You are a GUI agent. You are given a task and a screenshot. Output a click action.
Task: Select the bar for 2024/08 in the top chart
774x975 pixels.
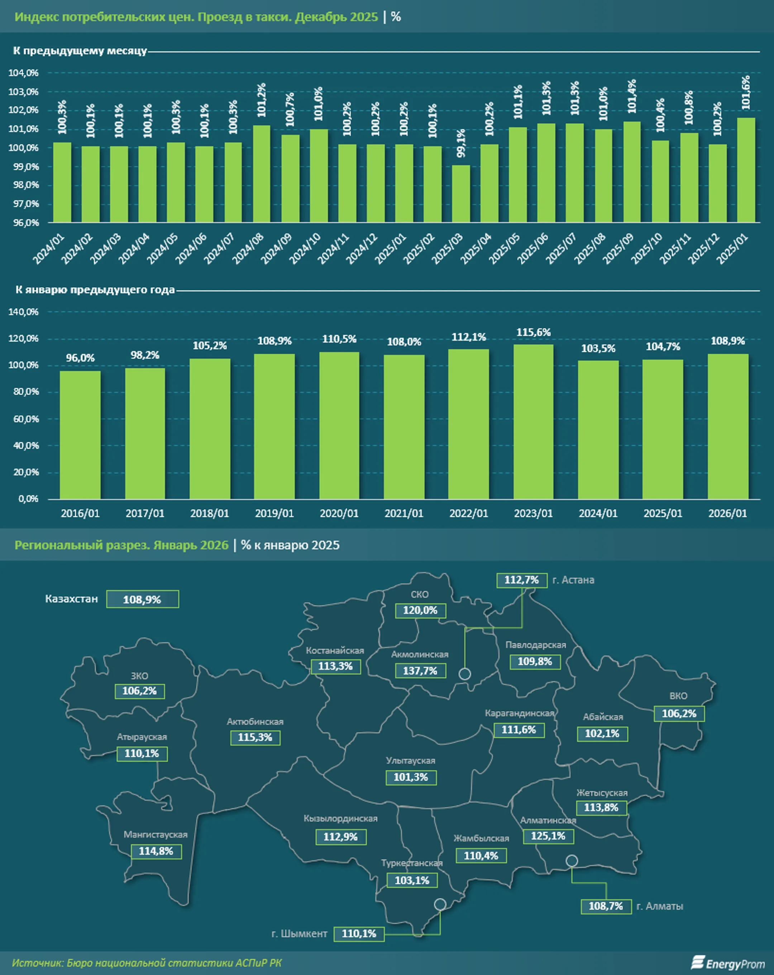262,174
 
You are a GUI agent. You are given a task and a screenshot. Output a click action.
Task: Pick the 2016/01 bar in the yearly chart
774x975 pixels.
80,435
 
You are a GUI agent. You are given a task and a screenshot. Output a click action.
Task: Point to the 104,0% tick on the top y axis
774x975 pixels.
24,73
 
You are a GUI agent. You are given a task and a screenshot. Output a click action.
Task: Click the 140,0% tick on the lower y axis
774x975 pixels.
24,312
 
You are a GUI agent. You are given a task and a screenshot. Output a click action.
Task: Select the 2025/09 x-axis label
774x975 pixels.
618,248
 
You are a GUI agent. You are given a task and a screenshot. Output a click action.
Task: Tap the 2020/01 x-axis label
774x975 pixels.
339,513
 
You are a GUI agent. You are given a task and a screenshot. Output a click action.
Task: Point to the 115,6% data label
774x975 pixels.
533,333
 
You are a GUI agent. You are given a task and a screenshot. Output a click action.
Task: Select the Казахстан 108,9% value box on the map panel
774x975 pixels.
142,599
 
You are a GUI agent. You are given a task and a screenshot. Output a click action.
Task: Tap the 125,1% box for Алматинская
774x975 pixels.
548,836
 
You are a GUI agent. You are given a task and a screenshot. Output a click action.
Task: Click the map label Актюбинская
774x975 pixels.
255,722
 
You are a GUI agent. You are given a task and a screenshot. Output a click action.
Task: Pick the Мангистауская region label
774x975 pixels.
156,834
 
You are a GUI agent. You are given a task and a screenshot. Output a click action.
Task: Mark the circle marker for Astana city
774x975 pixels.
464,674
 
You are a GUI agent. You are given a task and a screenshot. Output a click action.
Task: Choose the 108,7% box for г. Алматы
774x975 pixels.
606,906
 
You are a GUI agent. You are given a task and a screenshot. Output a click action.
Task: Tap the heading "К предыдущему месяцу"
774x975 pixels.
80,51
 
